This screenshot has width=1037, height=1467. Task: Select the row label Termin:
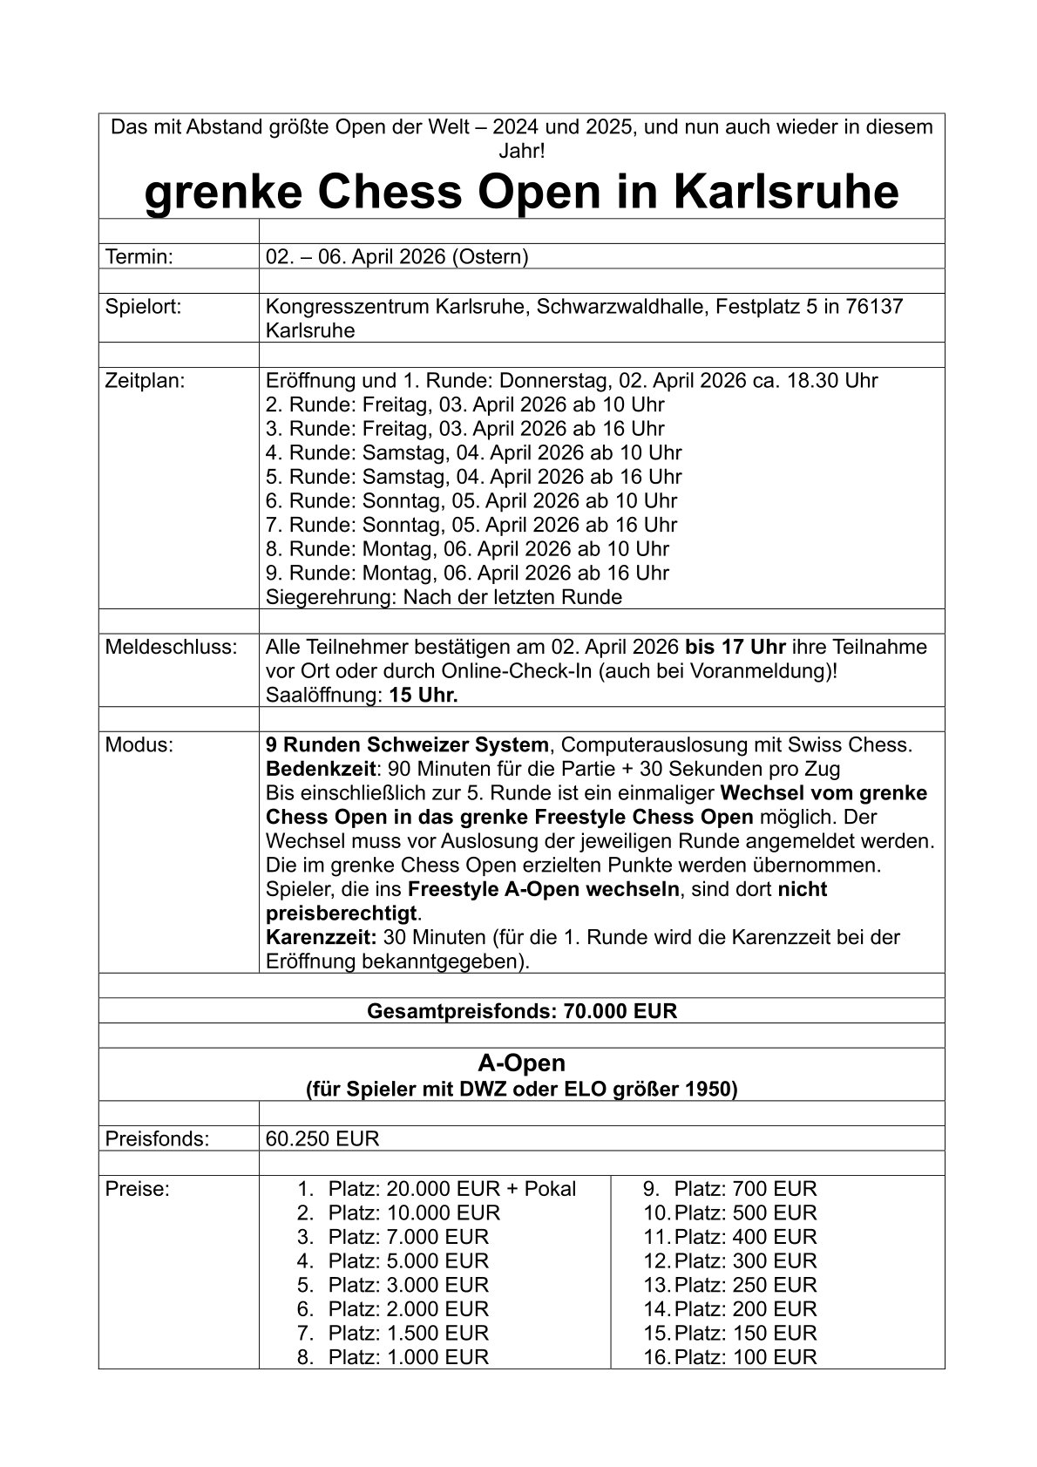[x=139, y=256]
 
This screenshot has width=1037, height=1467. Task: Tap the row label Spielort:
[x=143, y=307]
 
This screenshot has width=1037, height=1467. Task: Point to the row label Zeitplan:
[x=145, y=380]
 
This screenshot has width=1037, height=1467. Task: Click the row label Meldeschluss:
[x=171, y=647]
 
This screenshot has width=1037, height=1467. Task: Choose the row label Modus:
[x=139, y=745]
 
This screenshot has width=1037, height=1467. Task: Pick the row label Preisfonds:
[x=157, y=1139]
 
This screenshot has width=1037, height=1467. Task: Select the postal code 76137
[x=874, y=307]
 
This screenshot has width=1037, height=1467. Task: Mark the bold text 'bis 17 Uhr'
[x=735, y=647]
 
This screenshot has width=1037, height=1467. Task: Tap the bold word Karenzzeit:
[x=321, y=938]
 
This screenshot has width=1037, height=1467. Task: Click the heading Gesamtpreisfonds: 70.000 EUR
[x=521, y=1011]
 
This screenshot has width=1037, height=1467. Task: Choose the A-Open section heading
[x=521, y=1063]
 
